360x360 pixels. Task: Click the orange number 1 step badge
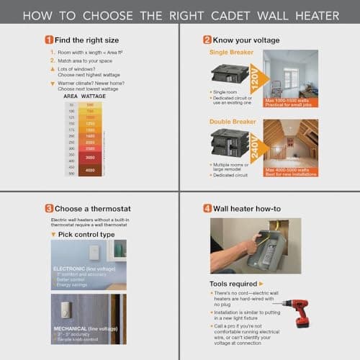(x=48, y=40)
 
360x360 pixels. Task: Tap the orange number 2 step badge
(x=207, y=40)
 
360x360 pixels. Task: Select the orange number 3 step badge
(x=48, y=209)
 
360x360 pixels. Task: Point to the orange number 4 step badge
(x=207, y=209)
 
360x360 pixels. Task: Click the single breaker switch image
(x=226, y=75)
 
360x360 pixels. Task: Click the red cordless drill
(x=291, y=313)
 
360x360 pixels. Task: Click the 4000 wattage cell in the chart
(x=90, y=170)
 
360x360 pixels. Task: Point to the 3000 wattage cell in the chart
(x=90, y=156)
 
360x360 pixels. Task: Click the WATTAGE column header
(x=94, y=96)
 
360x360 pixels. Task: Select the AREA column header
(x=71, y=96)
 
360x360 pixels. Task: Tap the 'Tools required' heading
(x=234, y=284)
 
